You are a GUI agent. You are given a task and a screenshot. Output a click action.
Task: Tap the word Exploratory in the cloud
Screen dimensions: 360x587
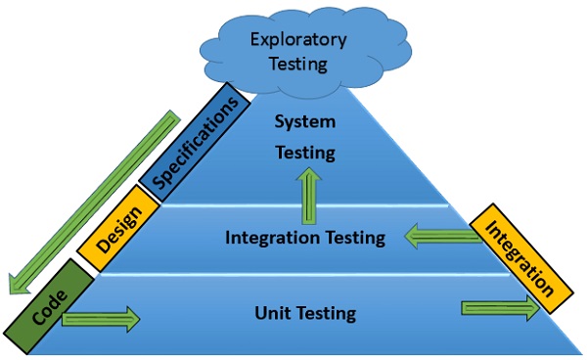pyautogui.click(x=297, y=40)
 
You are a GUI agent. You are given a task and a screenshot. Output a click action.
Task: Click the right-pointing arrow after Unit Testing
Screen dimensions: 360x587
pyautogui.click(x=499, y=308)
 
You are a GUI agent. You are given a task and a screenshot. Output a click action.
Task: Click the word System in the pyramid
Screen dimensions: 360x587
pyautogui.click(x=304, y=123)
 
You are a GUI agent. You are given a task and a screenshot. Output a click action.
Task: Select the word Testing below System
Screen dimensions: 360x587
pyautogui.click(x=304, y=153)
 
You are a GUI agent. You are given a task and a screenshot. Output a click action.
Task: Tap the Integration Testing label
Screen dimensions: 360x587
pyautogui.click(x=304, y=237)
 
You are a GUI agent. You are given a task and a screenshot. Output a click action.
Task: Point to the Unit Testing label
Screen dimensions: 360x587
pyautogui.click(x=304, y=314)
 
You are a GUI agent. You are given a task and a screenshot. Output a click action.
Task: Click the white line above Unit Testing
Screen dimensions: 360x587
pyautogui.click(x=293, y=275)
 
